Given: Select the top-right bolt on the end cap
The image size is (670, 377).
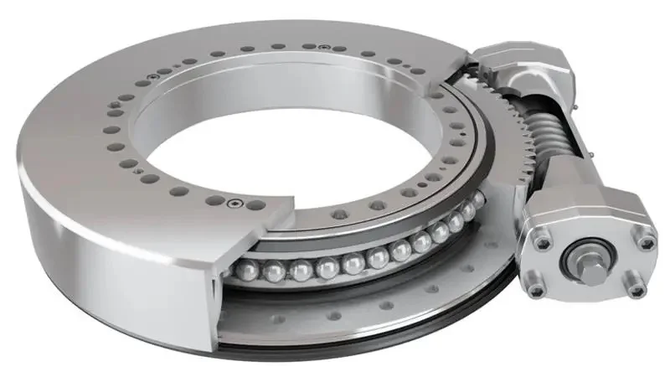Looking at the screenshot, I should [644, 242].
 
